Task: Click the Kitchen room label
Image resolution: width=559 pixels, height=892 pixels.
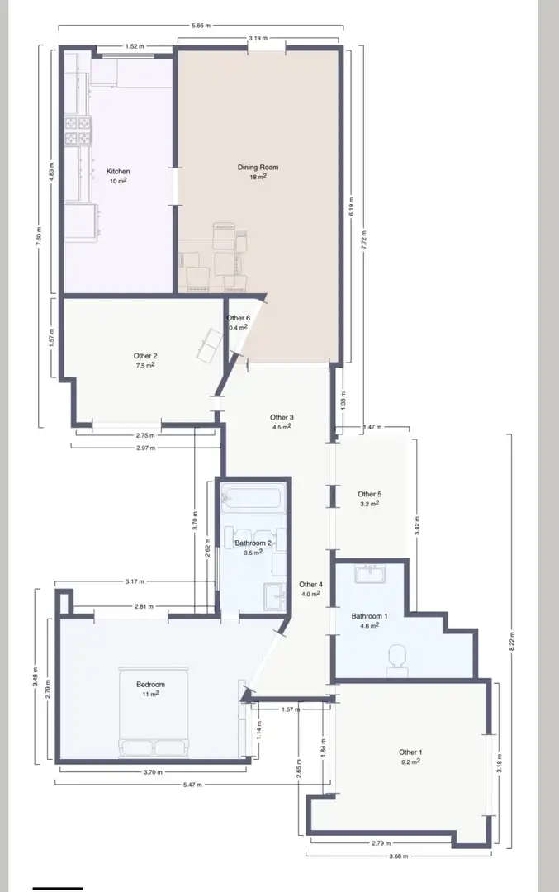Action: [118, 171]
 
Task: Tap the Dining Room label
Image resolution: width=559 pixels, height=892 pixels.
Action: [258, 167]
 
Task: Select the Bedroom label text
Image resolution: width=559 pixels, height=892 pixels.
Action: [151, 685]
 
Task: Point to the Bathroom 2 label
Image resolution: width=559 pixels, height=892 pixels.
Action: [253, 543]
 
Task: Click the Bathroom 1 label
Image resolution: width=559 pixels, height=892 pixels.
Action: [370, 616]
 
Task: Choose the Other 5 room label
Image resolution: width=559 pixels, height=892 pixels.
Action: [370, 495]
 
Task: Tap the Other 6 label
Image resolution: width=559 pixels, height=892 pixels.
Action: [239, 318]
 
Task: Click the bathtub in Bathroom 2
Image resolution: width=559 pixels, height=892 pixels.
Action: [252, 499]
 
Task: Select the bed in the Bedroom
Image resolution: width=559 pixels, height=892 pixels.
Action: [154, 712]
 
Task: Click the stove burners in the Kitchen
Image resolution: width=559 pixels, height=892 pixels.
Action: [78, 130]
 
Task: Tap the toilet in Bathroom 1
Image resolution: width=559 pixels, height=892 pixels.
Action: [397, 661]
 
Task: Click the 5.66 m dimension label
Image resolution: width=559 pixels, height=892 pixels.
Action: [201, 25]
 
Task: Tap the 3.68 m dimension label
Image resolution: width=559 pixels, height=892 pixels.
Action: [397, 856]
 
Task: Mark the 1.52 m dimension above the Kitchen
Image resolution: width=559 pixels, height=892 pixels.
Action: [135, 46]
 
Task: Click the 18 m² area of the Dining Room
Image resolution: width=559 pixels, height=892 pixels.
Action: [258, 177]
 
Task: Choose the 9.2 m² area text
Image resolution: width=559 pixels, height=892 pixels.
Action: [410, 762]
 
